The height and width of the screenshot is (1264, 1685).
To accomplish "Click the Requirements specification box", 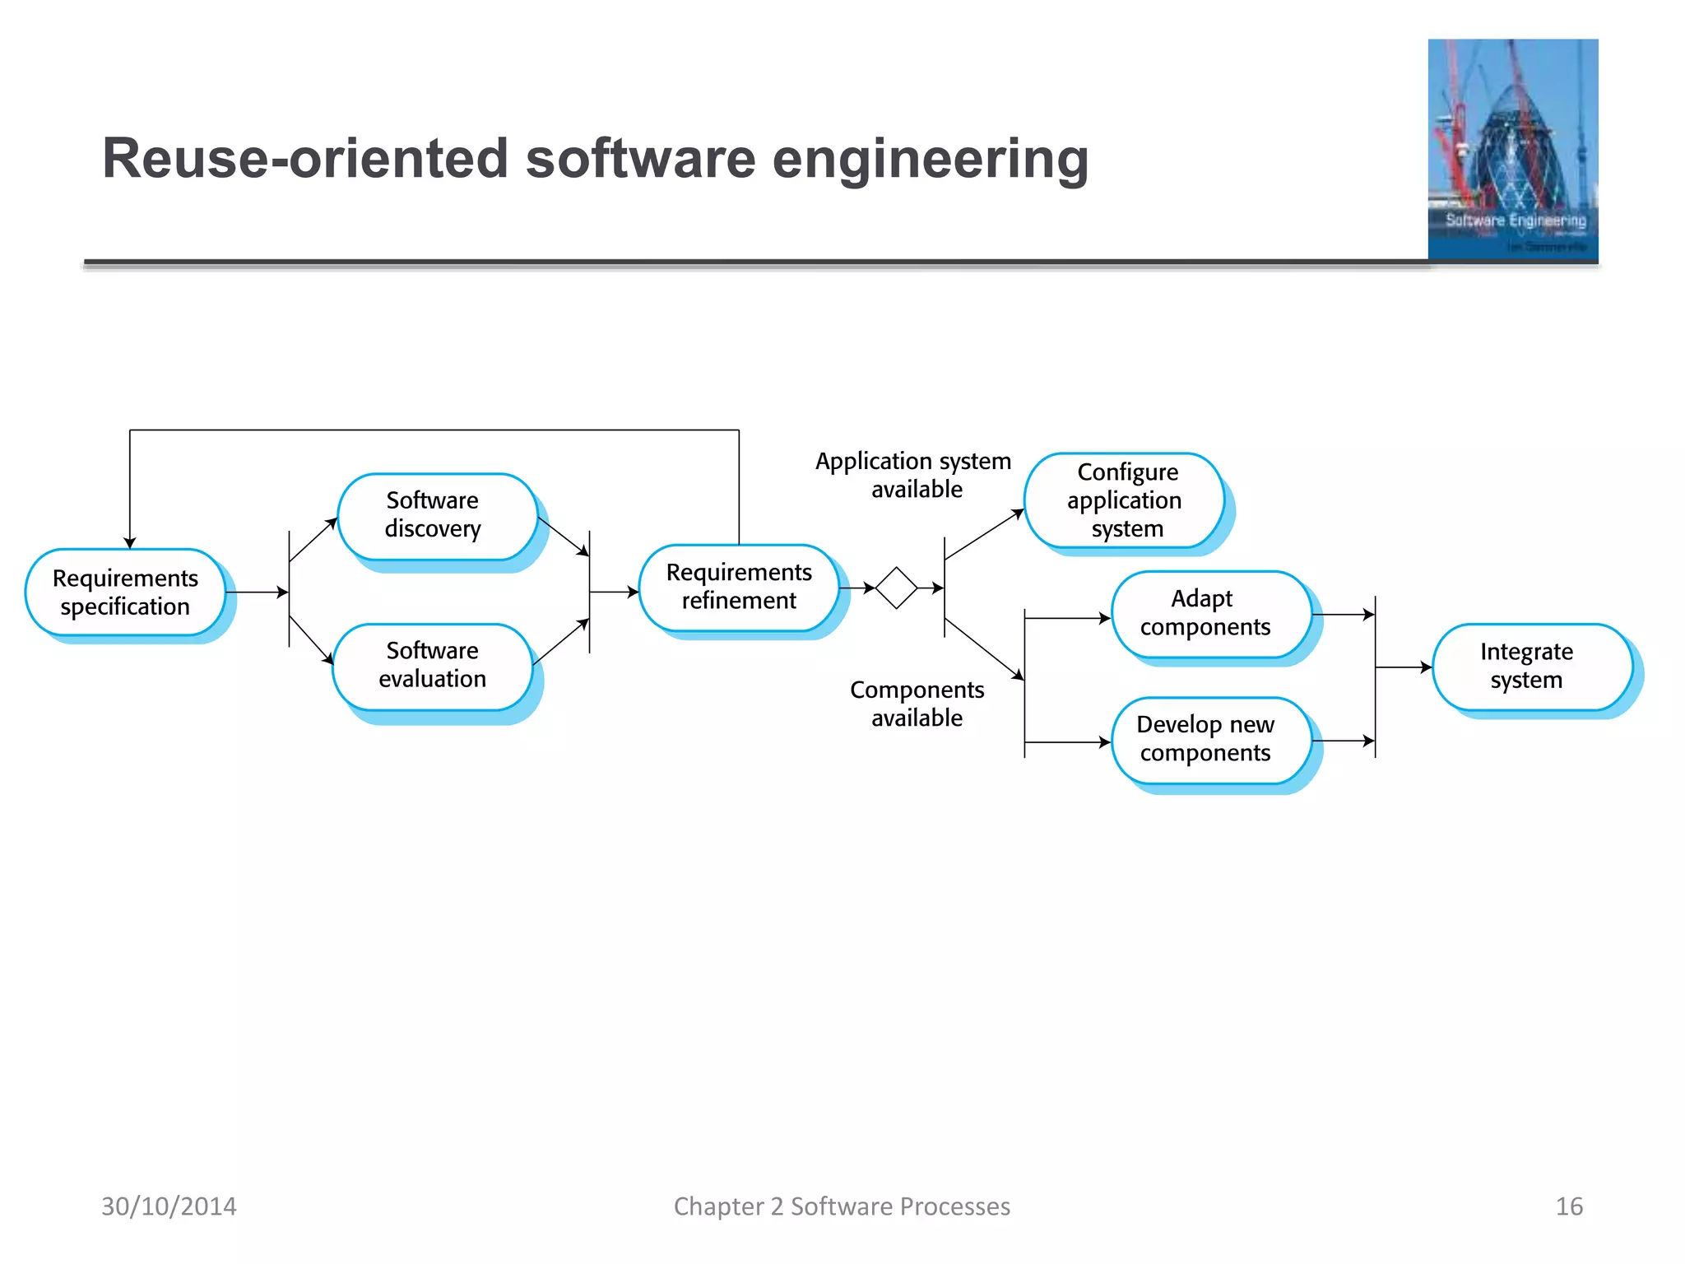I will (x=125, y=592).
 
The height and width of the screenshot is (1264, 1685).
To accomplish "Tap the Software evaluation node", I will (x=433, y=666).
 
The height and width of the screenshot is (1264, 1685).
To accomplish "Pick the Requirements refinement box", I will (x=739, y=587).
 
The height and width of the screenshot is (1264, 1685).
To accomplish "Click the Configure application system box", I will (x=1125, y=500).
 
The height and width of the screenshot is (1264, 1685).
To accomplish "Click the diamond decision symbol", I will (x=896, y=588).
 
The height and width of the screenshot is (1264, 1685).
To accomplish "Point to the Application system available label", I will (x=914, y=475).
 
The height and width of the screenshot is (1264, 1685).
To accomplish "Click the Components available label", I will (x=917, y=704).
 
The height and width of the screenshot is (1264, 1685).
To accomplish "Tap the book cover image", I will (x=1512, y=150).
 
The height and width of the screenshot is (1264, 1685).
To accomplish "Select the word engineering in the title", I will (x=930, y=160).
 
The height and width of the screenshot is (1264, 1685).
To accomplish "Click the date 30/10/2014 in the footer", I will (x=169, y=1206).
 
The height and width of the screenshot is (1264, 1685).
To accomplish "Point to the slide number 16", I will (x=1568, y=1206).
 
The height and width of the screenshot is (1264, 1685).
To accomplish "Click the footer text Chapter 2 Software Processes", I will (x=842, y=1206).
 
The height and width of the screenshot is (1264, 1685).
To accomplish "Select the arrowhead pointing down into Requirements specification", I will (x=130, y=542).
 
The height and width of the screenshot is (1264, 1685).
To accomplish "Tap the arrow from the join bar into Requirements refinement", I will (x=615, y=592).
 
